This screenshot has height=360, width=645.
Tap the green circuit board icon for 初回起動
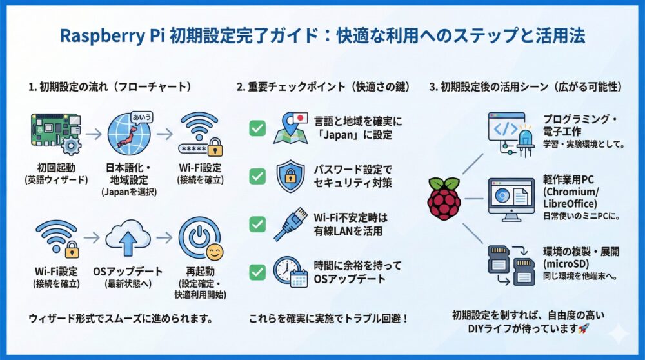pos(55,134)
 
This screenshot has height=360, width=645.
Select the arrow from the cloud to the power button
pos(164,237)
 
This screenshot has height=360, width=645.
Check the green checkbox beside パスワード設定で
pos(257,176)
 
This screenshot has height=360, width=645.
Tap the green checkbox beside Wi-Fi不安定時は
pos(257,224)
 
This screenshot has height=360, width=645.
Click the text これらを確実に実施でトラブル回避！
pos(328,319)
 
